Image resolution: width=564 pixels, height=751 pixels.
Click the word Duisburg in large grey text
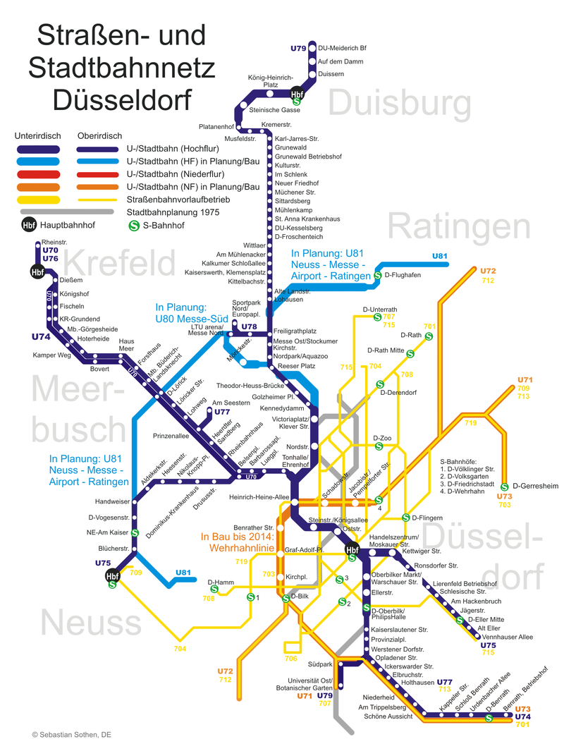[399, 104]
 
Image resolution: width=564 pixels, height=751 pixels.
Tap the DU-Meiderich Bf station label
[343, 49]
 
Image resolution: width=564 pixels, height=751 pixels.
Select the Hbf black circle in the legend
[29, 226]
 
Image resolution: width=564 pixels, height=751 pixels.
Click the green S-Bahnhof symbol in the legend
[133, 226]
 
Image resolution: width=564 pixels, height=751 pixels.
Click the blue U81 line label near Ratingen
[440, 255]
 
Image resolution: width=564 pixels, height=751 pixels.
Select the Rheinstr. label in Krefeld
[54, 242]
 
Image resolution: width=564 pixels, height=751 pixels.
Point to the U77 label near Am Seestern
[222, 412]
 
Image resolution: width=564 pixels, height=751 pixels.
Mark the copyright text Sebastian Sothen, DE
[71, 735]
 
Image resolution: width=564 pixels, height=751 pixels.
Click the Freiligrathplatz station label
[295, 331]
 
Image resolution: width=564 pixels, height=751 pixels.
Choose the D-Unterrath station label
[380, 310]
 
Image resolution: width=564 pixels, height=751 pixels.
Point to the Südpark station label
[320, 664]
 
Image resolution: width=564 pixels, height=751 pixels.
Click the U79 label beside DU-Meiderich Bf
[298, 49]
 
